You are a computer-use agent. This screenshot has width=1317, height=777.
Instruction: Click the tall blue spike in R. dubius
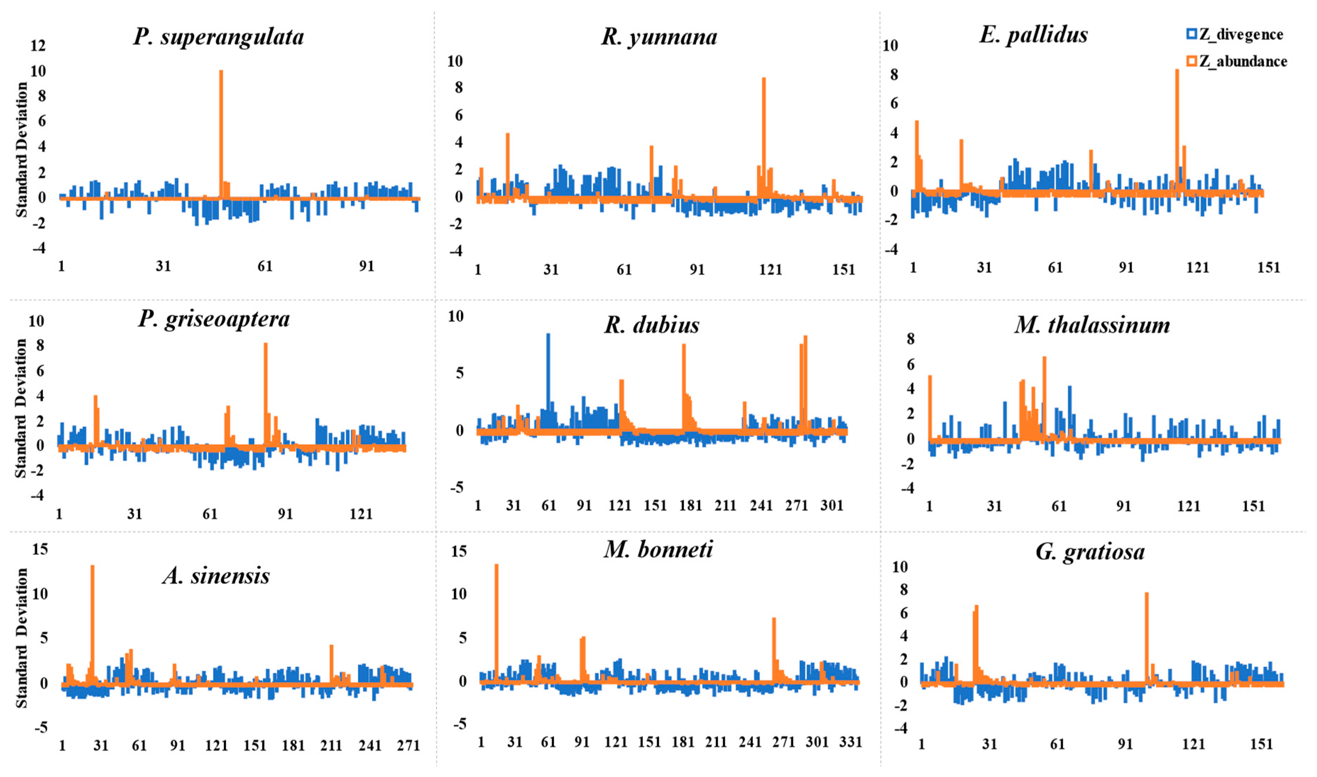548,367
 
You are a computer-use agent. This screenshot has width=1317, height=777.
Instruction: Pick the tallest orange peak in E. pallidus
1177,120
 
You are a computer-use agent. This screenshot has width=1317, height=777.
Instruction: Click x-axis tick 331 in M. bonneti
850,742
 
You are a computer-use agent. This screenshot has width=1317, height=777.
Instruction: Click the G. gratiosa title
1090,552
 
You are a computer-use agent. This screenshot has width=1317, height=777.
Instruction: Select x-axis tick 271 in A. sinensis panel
408,745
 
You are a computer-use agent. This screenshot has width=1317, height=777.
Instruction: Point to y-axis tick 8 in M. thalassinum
911,339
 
